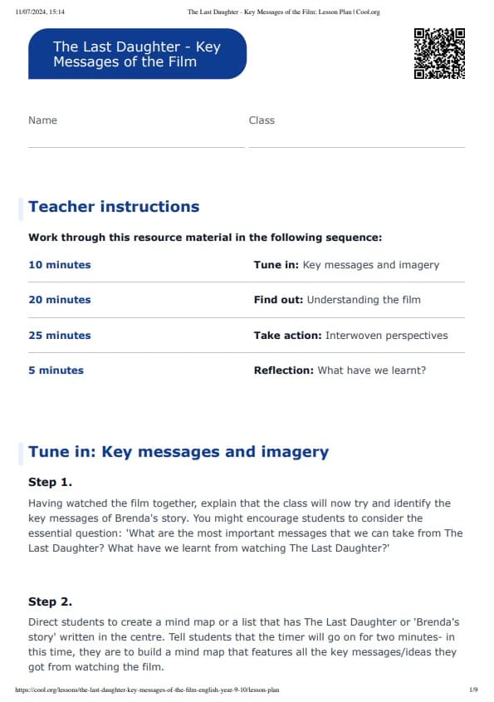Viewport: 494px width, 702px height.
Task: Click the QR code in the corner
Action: tap(439, 53)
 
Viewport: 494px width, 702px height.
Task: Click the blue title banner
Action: tap(137, 54)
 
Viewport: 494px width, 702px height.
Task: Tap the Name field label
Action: tap(42, 120)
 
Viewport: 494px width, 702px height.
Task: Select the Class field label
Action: tap(262, 120)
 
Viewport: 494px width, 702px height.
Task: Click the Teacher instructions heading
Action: tap(114, 207)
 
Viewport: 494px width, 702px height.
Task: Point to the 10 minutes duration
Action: tap(60, 265)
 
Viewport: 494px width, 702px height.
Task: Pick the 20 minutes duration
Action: tap(60, 300)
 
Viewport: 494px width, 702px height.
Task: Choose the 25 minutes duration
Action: tap(60, 336)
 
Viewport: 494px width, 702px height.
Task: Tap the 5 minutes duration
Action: tap(56, 371)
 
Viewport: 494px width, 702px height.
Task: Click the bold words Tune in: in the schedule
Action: tap(276, 265)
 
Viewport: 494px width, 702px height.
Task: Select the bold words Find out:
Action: tap(279, 300)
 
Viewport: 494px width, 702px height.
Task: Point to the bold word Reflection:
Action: tap(284, 371)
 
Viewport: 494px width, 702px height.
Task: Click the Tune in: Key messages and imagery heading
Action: tap(179, 452)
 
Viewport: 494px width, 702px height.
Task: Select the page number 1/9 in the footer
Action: tap(472, 690)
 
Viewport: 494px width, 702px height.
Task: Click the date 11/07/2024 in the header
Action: tap(33, 12)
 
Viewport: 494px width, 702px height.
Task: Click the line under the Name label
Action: tap(136, 147)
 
